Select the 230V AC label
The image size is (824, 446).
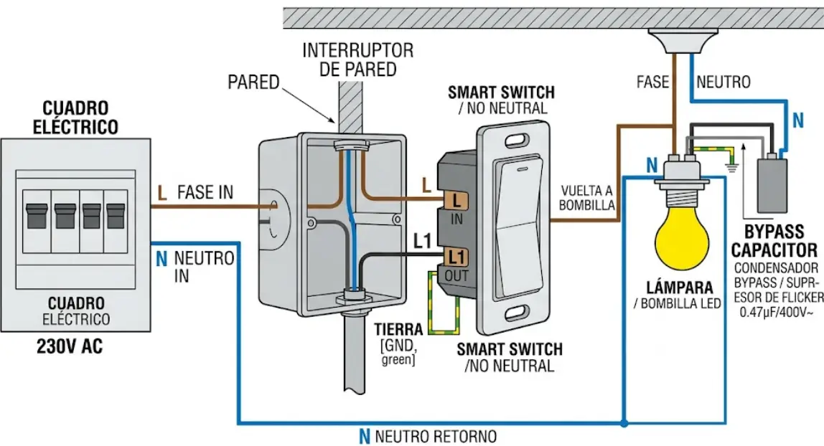70,346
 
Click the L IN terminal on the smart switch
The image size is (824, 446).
456,201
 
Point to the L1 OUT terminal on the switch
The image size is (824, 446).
456,256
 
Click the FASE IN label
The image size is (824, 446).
205,192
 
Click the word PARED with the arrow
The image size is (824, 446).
253,82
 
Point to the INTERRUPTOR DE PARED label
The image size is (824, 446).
357,60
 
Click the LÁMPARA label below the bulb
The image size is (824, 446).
679,288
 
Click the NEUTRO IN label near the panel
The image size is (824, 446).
202,266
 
